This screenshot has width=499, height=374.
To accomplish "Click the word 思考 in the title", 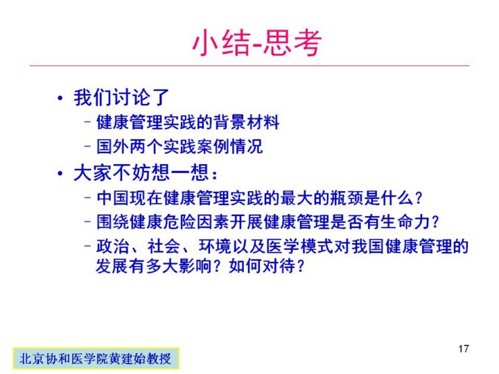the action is click(x=292, y=43).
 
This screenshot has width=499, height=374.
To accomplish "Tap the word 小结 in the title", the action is click(x=221, y=43).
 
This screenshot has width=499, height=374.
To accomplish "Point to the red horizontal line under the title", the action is click(x=249, y=66).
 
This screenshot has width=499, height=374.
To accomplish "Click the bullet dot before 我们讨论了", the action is click(x=60, y=98).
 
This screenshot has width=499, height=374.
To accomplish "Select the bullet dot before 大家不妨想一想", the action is click(x=60, y=174).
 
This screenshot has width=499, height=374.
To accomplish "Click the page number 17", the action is click(x=464, y=348).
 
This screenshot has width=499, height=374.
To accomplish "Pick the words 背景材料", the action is click(x=246, y=122).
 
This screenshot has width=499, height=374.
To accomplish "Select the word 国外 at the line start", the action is click(x=113, y=146).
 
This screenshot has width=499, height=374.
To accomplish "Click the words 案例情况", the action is click(x=229, y=146).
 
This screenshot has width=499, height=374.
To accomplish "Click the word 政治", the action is click(x=113, y=247).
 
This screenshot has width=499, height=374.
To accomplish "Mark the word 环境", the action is click(x=215, y=247).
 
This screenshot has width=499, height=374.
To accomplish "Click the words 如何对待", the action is click(x=262, y=266).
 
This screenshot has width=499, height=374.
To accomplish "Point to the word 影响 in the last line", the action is click(x=195, y=266).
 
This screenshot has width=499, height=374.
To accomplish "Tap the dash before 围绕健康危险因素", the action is click(x=88, y=222).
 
